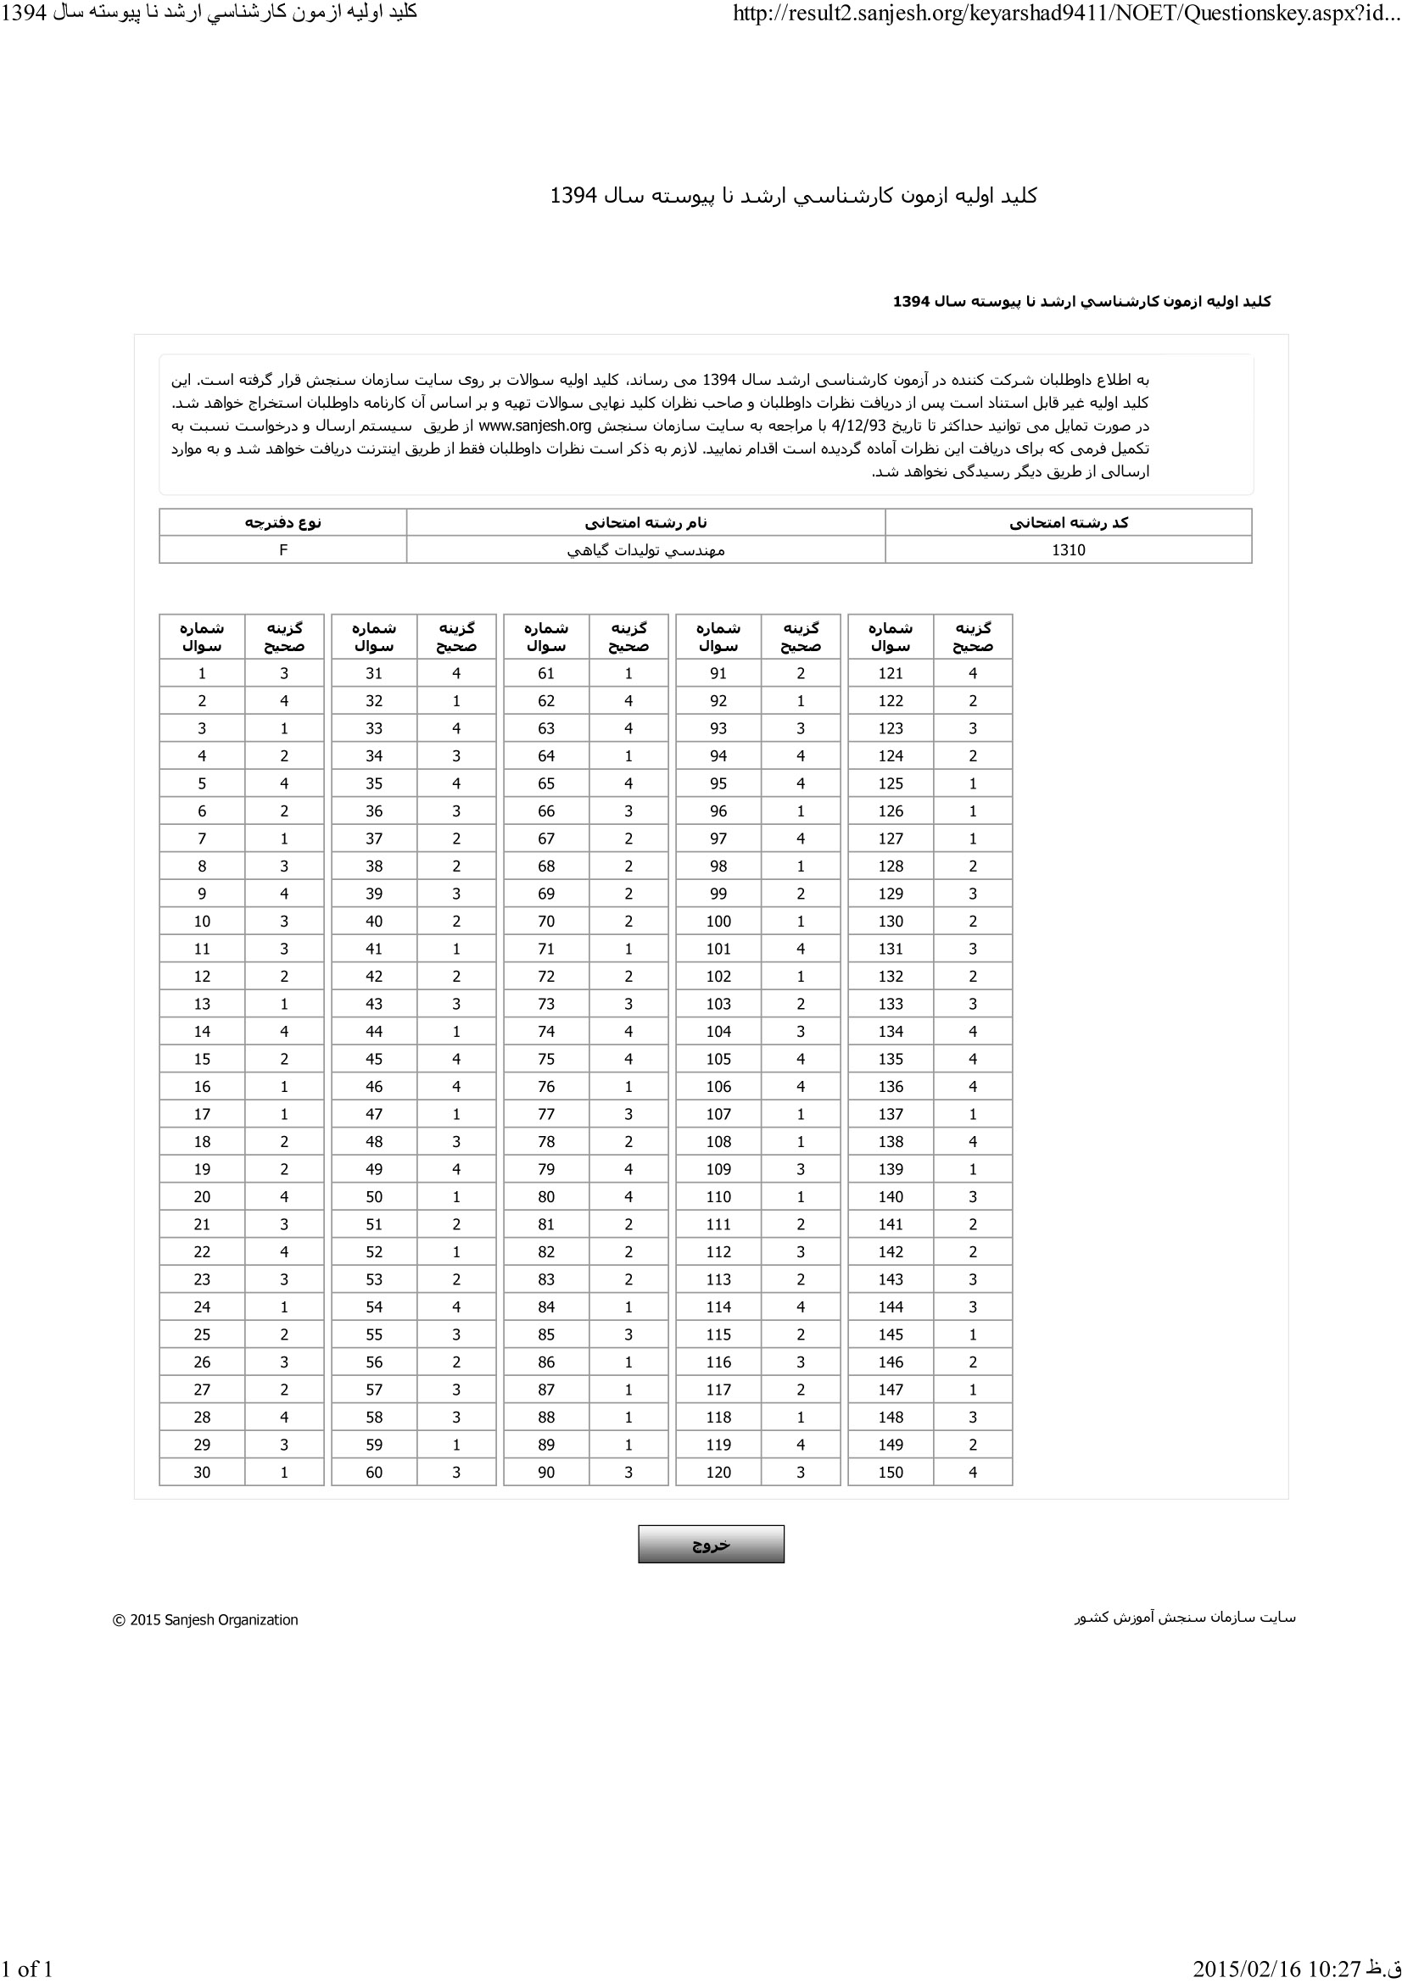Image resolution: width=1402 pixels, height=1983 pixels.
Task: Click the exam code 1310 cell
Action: coord(1068,550)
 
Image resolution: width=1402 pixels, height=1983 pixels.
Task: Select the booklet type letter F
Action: coord(282,550)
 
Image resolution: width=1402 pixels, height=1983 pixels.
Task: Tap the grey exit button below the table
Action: coord(711,1544)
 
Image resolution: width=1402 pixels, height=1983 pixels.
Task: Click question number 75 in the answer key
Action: coord(546,1059)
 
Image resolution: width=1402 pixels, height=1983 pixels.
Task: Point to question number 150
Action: coord(890,1472)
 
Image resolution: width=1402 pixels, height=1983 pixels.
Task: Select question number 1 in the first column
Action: coord(202,674)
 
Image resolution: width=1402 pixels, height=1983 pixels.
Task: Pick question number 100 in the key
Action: coord(718,922)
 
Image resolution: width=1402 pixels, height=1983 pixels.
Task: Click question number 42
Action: coord(374,976)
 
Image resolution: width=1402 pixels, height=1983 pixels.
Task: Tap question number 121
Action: coord(890,674)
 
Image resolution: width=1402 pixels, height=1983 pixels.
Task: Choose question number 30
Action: coord(202,1472)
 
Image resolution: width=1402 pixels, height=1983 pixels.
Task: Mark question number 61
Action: coord(546,674)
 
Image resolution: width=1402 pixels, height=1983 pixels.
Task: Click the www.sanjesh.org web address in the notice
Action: coord(534,426)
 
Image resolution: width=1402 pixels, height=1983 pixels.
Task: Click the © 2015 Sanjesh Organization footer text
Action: coord(205,1620)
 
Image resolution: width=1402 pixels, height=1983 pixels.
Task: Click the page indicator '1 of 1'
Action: coord(28,1969)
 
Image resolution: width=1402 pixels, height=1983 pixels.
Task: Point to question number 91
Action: coord(718,674)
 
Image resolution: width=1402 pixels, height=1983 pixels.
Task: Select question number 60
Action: coord(374,1472)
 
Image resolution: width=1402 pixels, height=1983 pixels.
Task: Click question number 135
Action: coord(890,1059)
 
